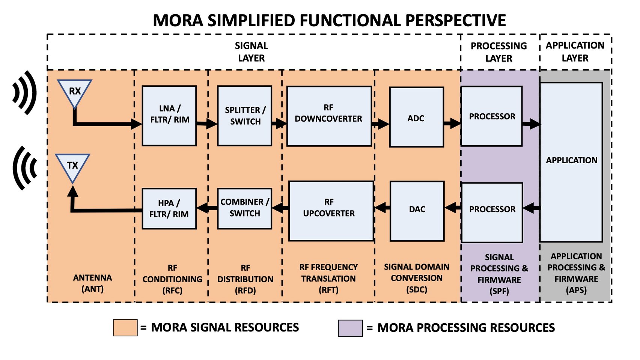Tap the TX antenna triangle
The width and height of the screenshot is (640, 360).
72,166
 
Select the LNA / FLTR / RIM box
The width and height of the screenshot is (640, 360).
169,116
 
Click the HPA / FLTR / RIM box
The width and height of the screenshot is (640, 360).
169,209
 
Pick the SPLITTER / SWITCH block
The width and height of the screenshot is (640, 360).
245,116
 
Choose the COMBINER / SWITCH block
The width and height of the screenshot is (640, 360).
245,209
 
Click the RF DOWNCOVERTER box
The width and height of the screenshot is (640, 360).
329,116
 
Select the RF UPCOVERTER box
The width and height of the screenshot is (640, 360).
331,211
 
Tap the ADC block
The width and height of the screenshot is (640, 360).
416,117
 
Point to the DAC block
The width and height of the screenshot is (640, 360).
417,211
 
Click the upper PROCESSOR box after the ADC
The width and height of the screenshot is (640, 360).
491,116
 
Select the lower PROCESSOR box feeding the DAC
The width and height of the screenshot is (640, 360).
492,212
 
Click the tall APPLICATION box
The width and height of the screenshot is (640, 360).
571,162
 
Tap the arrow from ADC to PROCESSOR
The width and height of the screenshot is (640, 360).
452,123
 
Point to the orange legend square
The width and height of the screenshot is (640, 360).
125,328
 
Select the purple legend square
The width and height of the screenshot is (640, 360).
350,328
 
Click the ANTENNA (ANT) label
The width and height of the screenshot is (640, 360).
92,283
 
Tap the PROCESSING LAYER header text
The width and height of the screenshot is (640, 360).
498,52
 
